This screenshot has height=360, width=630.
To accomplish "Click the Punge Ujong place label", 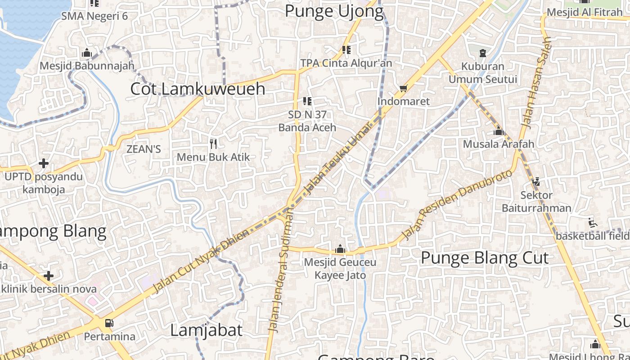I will pyautogui.click(x=334, y=11).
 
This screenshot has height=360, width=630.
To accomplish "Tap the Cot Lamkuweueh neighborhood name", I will pyautogui.click(x=198, y=89).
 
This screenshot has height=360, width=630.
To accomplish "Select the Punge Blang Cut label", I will pyautogui.click(x=485, y=258).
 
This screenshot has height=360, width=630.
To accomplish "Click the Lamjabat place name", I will pyautogui.click(x=206, y=330).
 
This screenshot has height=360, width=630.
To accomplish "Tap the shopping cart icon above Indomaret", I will pyautogui.click(x=404, y=88).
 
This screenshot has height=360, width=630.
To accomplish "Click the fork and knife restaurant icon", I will pyautogui.click(x=214, y=144).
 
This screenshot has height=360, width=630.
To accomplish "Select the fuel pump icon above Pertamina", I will pyautogui.click(x=109, y=323).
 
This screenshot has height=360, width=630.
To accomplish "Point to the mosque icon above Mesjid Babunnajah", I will pyautogui.click(x=87, y=53).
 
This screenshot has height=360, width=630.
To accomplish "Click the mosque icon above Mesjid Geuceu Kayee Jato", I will pyautogui.click(x=340, y=249).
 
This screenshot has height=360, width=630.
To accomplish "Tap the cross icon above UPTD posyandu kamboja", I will pyautogui.click(x=44, y=163).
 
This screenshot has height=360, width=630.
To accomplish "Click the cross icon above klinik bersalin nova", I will pyautogui.click(x=49, y=275).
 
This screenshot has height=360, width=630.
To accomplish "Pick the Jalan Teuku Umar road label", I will pyautogui.click(x=337, y=157).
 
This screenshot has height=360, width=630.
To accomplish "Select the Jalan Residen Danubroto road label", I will pyautogui.click(x=456, y=204).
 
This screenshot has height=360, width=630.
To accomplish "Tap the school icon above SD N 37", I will pyautogui.click(x=307, y=101).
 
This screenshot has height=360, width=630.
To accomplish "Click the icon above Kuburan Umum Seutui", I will pyautogui.click(x=483, y=53).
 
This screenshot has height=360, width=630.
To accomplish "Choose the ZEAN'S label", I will pyautogui.click(x=144, y=149).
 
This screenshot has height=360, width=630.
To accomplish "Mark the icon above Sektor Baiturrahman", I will pyautogui.click(x=536, y=182).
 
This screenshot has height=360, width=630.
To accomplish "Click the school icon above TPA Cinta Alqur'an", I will pyautogui.click(x=346, y=49).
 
